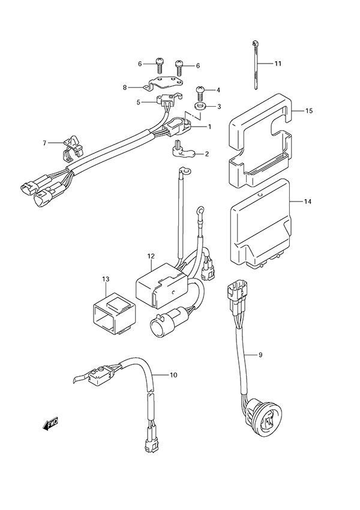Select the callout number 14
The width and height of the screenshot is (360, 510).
point(308,202)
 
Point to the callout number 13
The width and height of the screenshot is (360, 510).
point(106,279)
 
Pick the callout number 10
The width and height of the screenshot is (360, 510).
point(173,376)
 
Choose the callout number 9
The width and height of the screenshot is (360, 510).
point(260,356)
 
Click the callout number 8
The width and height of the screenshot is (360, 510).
point(125,88)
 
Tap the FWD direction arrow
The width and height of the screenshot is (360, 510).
point(50,426)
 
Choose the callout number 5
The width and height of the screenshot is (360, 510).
point(139,103)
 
